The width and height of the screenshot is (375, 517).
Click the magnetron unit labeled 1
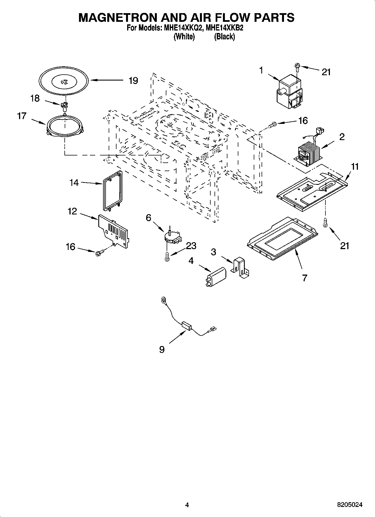pos(288,92)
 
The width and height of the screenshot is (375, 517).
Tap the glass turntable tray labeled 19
pos(63,81)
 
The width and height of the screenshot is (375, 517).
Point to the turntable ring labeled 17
pos(65,128)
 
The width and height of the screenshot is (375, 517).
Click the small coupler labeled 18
pos(64,106)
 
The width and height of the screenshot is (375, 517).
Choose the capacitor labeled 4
pos(215,277)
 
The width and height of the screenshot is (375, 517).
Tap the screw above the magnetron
pos(297,67)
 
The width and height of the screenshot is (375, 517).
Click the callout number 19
pos(133,81)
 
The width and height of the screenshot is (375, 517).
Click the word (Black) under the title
pos(224,36)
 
